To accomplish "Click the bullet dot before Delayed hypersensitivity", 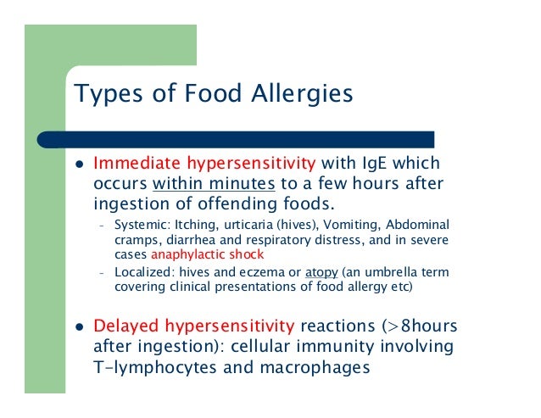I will [77, 328].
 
